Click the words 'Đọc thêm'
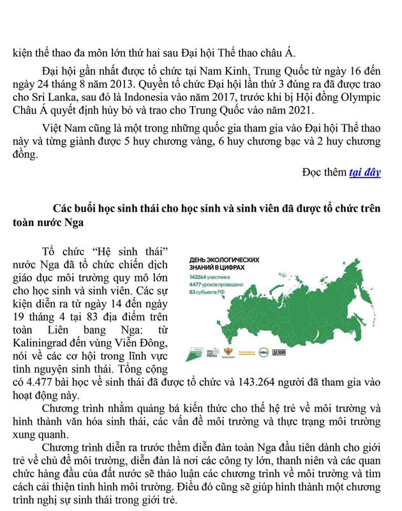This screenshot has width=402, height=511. (x=324, y=172)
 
